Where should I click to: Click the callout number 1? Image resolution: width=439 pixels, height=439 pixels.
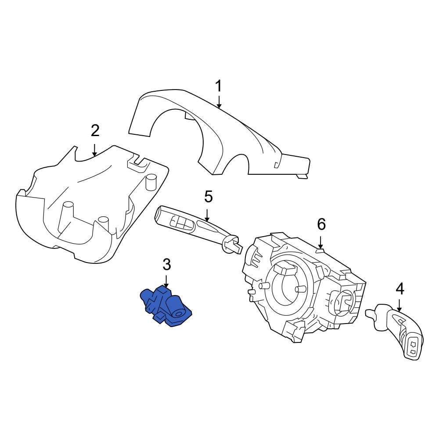click(x=219, y=86)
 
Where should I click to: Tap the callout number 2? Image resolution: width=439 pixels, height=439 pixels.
click(x=95, y=130)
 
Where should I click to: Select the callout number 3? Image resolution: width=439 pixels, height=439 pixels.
click(x=166, y=264)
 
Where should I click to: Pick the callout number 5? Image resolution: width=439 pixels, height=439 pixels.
click(x=208, y=197)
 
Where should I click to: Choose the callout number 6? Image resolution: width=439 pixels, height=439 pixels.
click(x=321, y=225)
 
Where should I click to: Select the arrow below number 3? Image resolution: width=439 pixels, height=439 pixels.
click(x=166, y=281)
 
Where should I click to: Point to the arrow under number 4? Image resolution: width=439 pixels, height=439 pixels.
click(x=399, y=306)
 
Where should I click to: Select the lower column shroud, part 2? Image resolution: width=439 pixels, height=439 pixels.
click(x=88, y=211)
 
